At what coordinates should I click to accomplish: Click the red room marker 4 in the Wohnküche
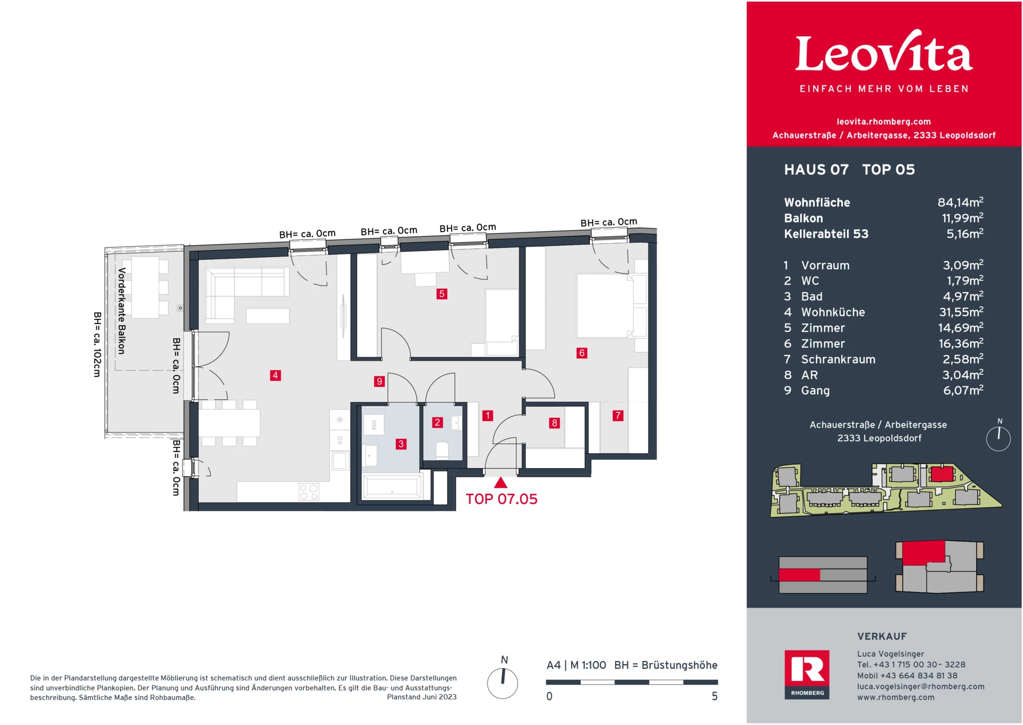click(275, 375)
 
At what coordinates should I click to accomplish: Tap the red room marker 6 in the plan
click(582, 353)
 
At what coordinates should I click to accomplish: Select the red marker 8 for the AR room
click(555, 423)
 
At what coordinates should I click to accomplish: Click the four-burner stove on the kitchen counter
click(308, 492)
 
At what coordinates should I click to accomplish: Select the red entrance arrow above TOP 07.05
click(500, 483)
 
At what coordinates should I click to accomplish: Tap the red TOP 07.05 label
click(501, 500)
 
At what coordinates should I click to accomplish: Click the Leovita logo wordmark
click(884, 53)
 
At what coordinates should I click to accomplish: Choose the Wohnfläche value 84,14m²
click(960, 203)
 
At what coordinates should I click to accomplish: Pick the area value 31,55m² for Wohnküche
click(961, 312)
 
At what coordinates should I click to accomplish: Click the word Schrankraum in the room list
click(838, 360)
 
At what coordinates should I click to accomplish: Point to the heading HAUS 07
click(816, 170)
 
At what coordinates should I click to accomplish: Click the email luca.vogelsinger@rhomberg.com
click(920, 687)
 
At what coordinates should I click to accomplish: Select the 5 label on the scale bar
click(715, 697)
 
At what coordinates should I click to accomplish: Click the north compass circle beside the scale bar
click(502, 683)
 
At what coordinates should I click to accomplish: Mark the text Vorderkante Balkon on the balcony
click(122, 311)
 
